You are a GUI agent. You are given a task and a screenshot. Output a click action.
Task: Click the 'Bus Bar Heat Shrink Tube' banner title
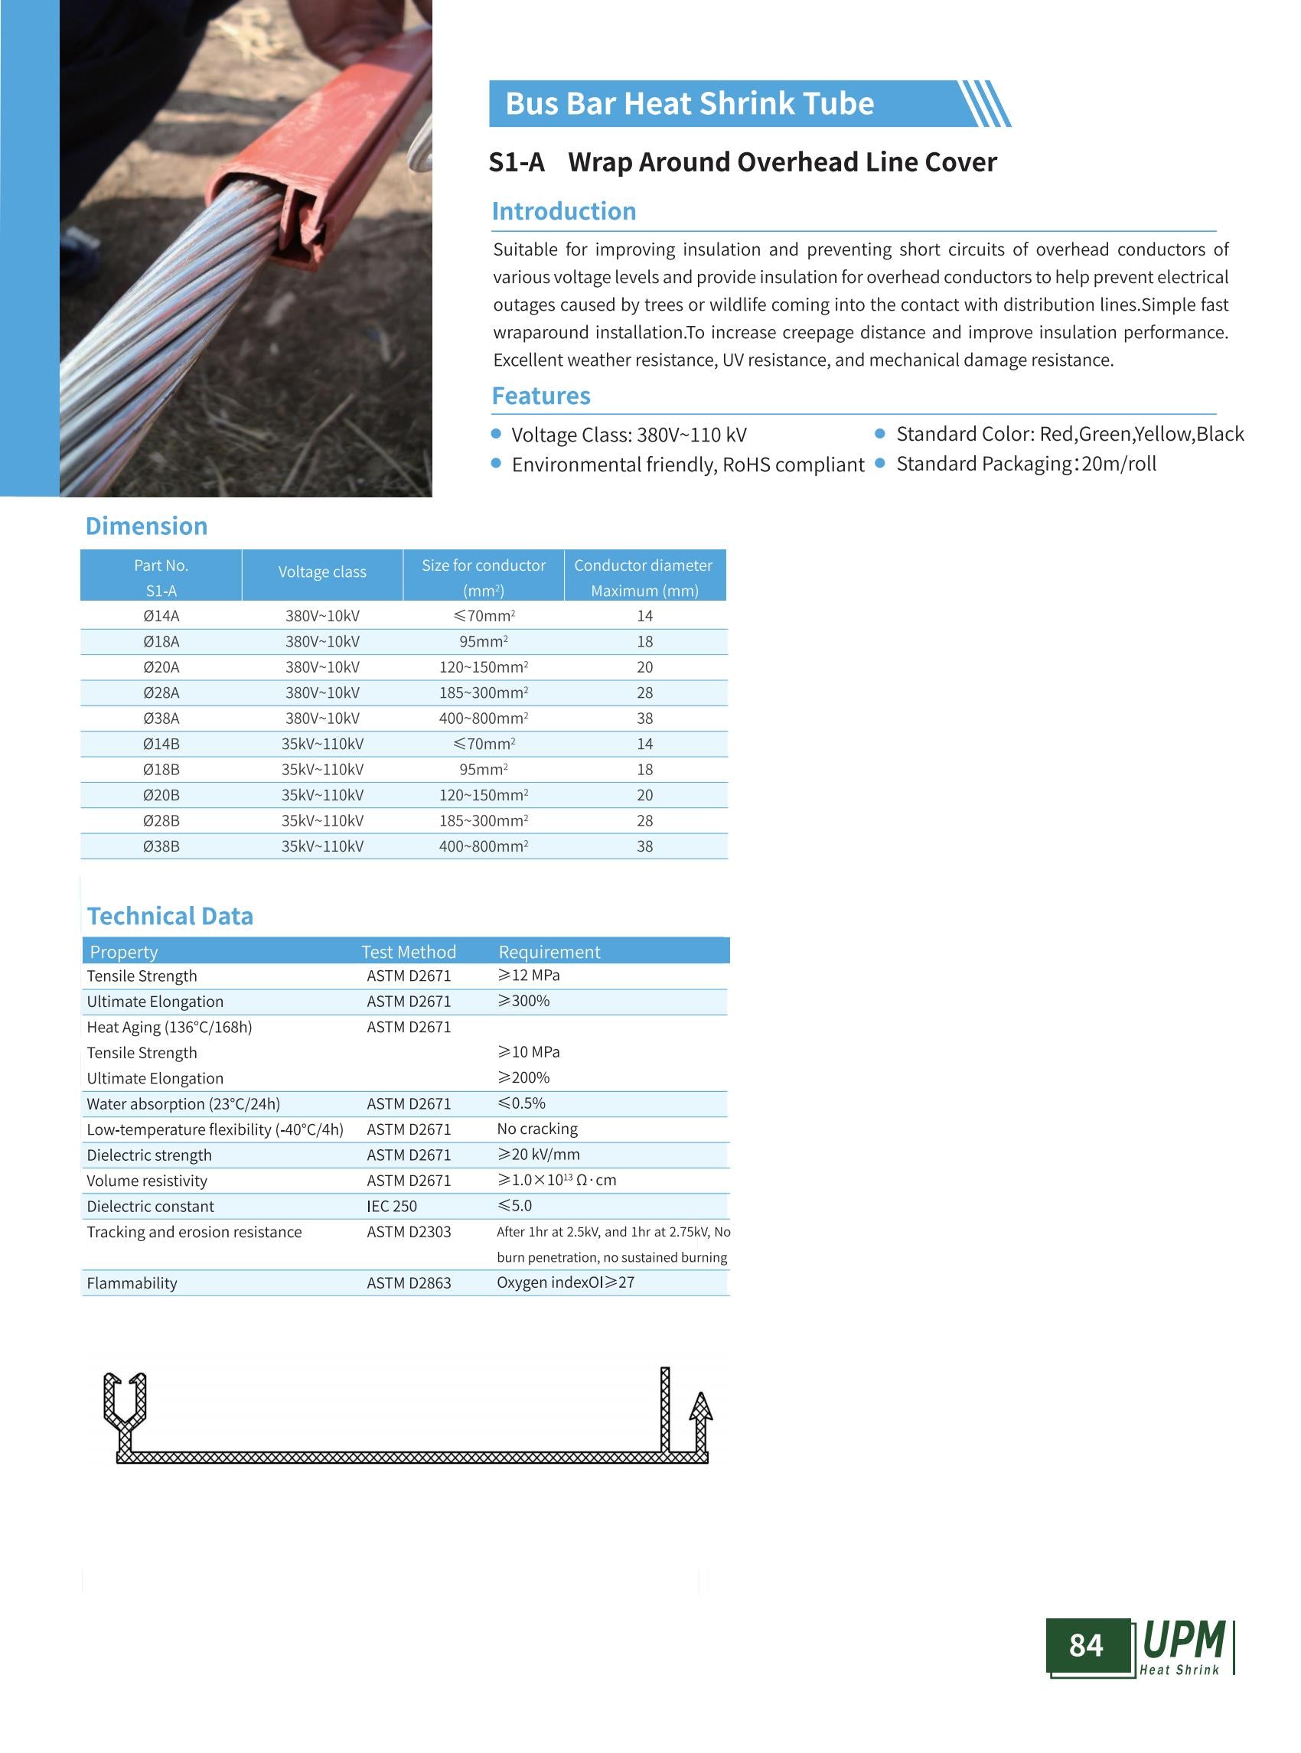[x=689, y=104]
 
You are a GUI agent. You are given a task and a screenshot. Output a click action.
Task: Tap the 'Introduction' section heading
[x=563, y=211]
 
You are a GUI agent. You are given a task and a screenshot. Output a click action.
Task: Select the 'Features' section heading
[x=540, y=396]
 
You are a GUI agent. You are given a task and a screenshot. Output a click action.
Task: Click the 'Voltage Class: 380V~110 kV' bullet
[x=628, y=435]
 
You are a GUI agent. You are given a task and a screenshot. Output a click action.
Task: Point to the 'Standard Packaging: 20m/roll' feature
[x=1025, y=464]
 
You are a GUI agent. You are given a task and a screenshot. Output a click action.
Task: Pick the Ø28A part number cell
[x=161, y=693]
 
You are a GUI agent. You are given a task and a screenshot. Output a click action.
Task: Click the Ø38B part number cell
[x=161, y=846]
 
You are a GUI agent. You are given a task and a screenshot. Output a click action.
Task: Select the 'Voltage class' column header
[x=322, y=572]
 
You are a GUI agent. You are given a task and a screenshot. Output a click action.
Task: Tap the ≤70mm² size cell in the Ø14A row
[x=484, y=616]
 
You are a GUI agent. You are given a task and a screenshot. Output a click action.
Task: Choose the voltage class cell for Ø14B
[x=322, y=745]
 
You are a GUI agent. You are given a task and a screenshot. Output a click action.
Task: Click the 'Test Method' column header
[x=408, y=952]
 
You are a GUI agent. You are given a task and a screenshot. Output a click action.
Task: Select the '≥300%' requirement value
[x=523, y=1001]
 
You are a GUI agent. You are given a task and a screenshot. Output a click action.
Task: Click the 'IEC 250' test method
[x=391, y=1207]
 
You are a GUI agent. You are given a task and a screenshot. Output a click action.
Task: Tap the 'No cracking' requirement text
[x=537, y=1129]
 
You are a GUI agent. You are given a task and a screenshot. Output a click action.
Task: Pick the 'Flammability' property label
[x=132, y=1283]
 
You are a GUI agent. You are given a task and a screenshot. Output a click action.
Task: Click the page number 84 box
[x=1086, y=1645]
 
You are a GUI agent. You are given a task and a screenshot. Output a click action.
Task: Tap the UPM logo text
[x=1183, y=1641]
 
